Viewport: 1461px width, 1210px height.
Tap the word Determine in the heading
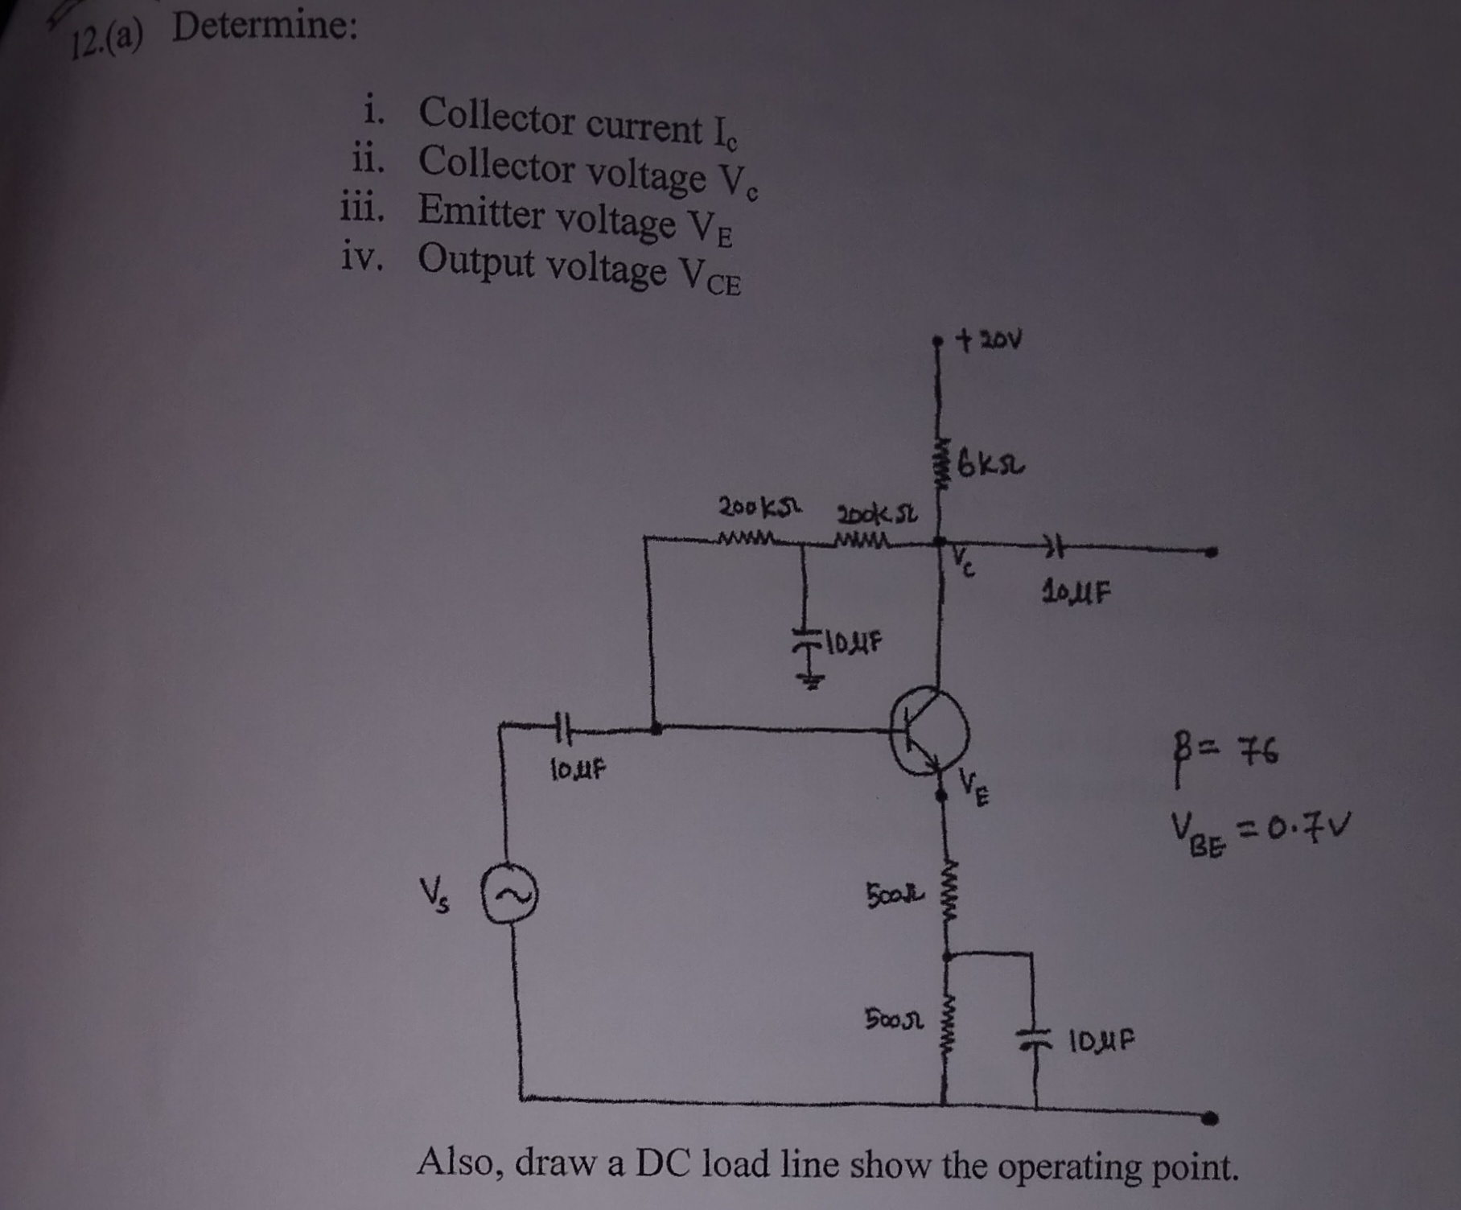click(265, 29)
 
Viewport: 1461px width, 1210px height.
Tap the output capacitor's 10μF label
click(1077, 595)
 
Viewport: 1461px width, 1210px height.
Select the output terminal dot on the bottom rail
click(1212, 1117)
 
